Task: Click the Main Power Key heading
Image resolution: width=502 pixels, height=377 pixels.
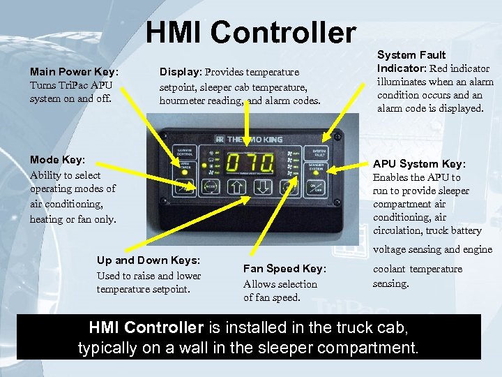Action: point(74,72)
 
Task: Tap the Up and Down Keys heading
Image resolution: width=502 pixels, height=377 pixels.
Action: point(148,260)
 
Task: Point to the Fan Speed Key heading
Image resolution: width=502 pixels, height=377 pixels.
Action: point(284,269)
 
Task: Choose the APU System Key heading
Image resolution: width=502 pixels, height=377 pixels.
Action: point(418,164)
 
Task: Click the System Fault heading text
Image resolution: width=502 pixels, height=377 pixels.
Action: point(411,55)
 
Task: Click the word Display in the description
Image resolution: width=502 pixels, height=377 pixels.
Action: point(181,72)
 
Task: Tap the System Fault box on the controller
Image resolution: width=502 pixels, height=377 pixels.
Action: point(318,151)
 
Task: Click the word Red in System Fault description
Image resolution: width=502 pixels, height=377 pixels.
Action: point(440,68)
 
